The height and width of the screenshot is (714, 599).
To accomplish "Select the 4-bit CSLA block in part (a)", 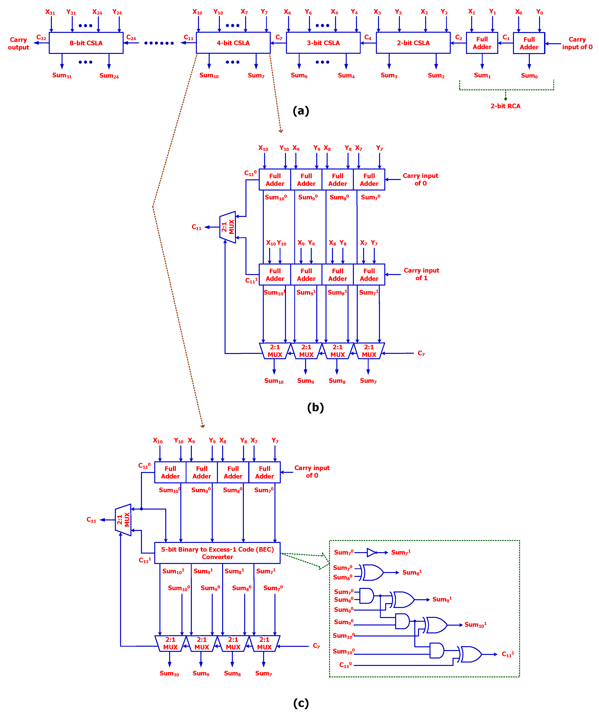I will point(233,43).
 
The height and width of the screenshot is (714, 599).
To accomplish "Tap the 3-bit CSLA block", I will point(323,43).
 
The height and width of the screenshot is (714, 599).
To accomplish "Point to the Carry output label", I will point(18,44).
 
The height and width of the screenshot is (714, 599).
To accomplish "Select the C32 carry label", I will point(41,38).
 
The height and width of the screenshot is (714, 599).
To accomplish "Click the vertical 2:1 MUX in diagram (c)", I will point(123,520).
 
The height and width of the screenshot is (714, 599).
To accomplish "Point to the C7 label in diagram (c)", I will point(316,646).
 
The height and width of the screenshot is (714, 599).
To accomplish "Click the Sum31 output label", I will point(62,75).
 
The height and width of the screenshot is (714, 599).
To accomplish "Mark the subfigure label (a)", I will point(301,111).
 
